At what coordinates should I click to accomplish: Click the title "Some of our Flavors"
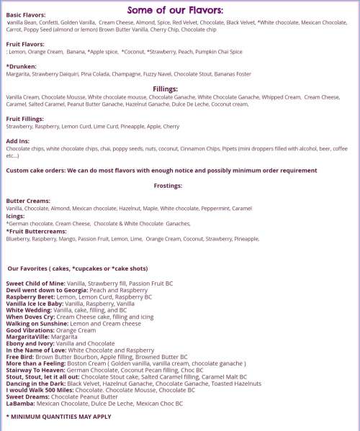(x=175, y=9)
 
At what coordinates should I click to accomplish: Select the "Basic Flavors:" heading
(x=25, y=15)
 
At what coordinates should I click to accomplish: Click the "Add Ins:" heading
(x=19, y=140)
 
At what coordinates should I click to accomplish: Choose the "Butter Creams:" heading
(x=27, y=200)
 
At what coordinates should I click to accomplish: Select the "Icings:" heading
(x=16, y=215)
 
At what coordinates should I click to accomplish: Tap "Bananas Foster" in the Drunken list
(x=232, y=73)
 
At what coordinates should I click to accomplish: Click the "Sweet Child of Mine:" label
(x=35, y=283)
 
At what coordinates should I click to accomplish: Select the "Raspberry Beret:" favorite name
(x=30, y=296)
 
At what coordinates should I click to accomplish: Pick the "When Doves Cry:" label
(x=30, y=317)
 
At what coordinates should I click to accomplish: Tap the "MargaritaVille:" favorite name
(x=27, y=336)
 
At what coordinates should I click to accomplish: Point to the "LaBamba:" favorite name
(x=19, y=403)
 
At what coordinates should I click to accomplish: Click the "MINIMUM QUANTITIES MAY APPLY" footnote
(x=60, y=416)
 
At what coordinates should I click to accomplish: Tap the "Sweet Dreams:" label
(x=27, y=396)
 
